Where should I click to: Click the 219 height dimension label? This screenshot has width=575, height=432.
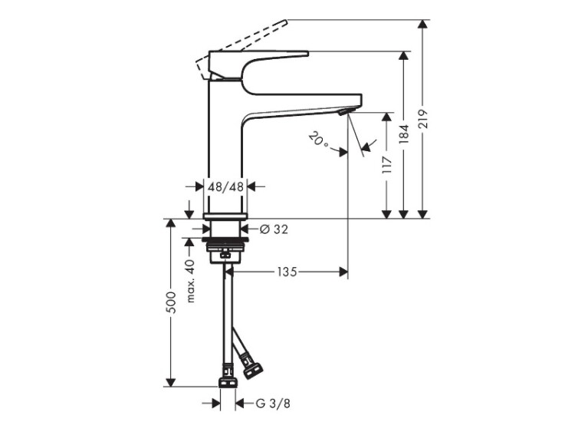tap(422, 119)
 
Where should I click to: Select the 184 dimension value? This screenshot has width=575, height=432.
tap(404, 134)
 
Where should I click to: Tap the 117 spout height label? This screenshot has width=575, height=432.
tap(387, 165)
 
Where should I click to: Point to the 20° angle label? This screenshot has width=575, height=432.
tap(318, 140)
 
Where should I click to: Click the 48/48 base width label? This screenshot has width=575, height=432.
tap(225, 186)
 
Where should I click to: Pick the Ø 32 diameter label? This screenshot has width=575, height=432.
tap(274, 229)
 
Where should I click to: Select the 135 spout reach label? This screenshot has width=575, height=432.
tap(287, 272)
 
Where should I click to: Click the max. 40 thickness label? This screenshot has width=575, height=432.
tap(190, 281)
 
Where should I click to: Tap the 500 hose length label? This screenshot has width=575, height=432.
tap(171, 302)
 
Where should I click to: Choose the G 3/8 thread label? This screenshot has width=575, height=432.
tap(273, 404)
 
